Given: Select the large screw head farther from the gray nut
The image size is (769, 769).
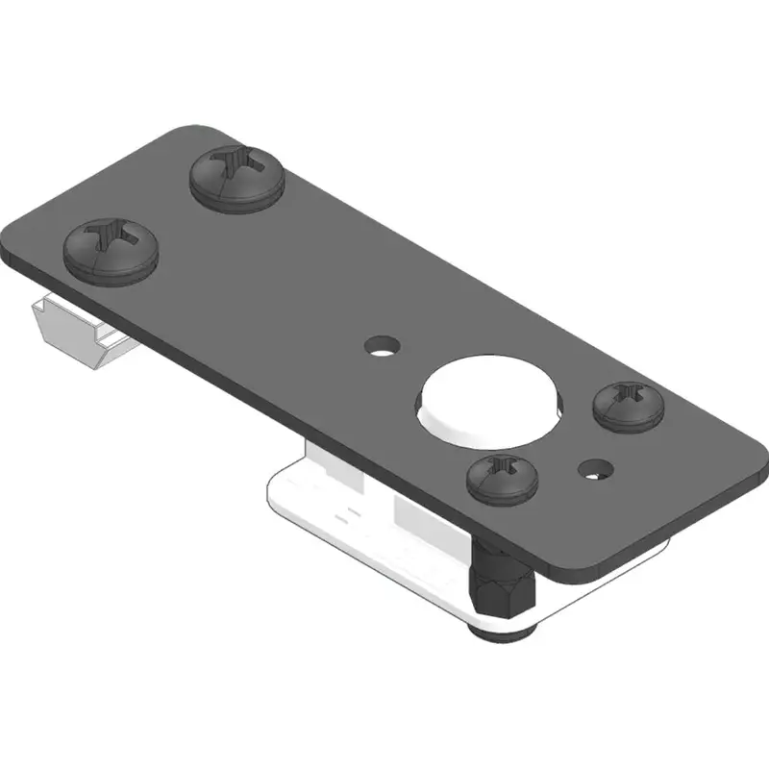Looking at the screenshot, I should [x=236, y=176].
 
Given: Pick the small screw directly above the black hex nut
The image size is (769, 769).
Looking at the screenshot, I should [x=502, y=478].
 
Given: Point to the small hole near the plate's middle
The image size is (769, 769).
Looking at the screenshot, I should [x=383, y=345].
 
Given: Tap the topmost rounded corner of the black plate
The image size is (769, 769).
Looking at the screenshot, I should [x=197, y=129].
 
